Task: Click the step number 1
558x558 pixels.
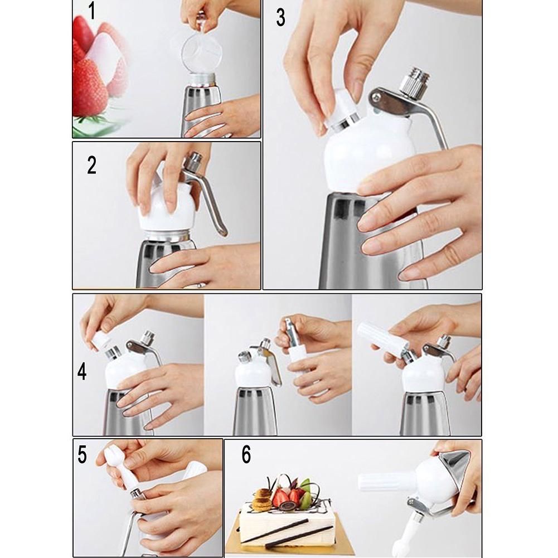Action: (92, 11)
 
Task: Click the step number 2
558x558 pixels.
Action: (92, 166)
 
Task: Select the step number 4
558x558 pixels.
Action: (82, 372)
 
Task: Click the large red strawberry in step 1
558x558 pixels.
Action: (90, 86)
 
